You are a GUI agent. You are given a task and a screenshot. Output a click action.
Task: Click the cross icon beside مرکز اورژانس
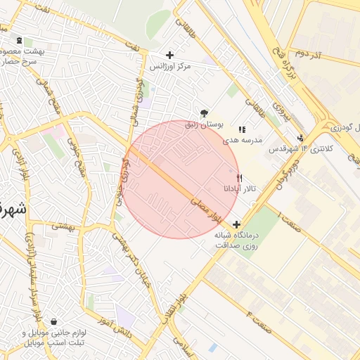pos(169,55)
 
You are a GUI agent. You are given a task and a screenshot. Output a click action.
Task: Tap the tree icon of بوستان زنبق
pos(205,112)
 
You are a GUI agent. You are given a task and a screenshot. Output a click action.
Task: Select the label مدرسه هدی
pos(243,140)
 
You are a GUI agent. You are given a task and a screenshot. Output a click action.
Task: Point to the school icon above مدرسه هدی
pos(243,129)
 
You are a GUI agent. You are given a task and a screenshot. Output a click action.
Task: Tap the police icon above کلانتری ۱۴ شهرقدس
pos(301,139)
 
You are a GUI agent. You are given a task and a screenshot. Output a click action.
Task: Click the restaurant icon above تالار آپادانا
pos(240,178)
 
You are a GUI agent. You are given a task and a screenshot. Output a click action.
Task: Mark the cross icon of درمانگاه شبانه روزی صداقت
pos(236,226)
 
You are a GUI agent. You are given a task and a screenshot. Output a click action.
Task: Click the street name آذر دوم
pos(308,53)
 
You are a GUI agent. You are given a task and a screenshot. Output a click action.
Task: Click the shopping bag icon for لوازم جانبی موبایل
pos(54,322)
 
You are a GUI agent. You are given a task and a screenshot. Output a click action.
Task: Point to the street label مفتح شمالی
pos(55,101)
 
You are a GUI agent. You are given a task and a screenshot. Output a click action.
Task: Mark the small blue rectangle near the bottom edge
pos(212,347)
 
